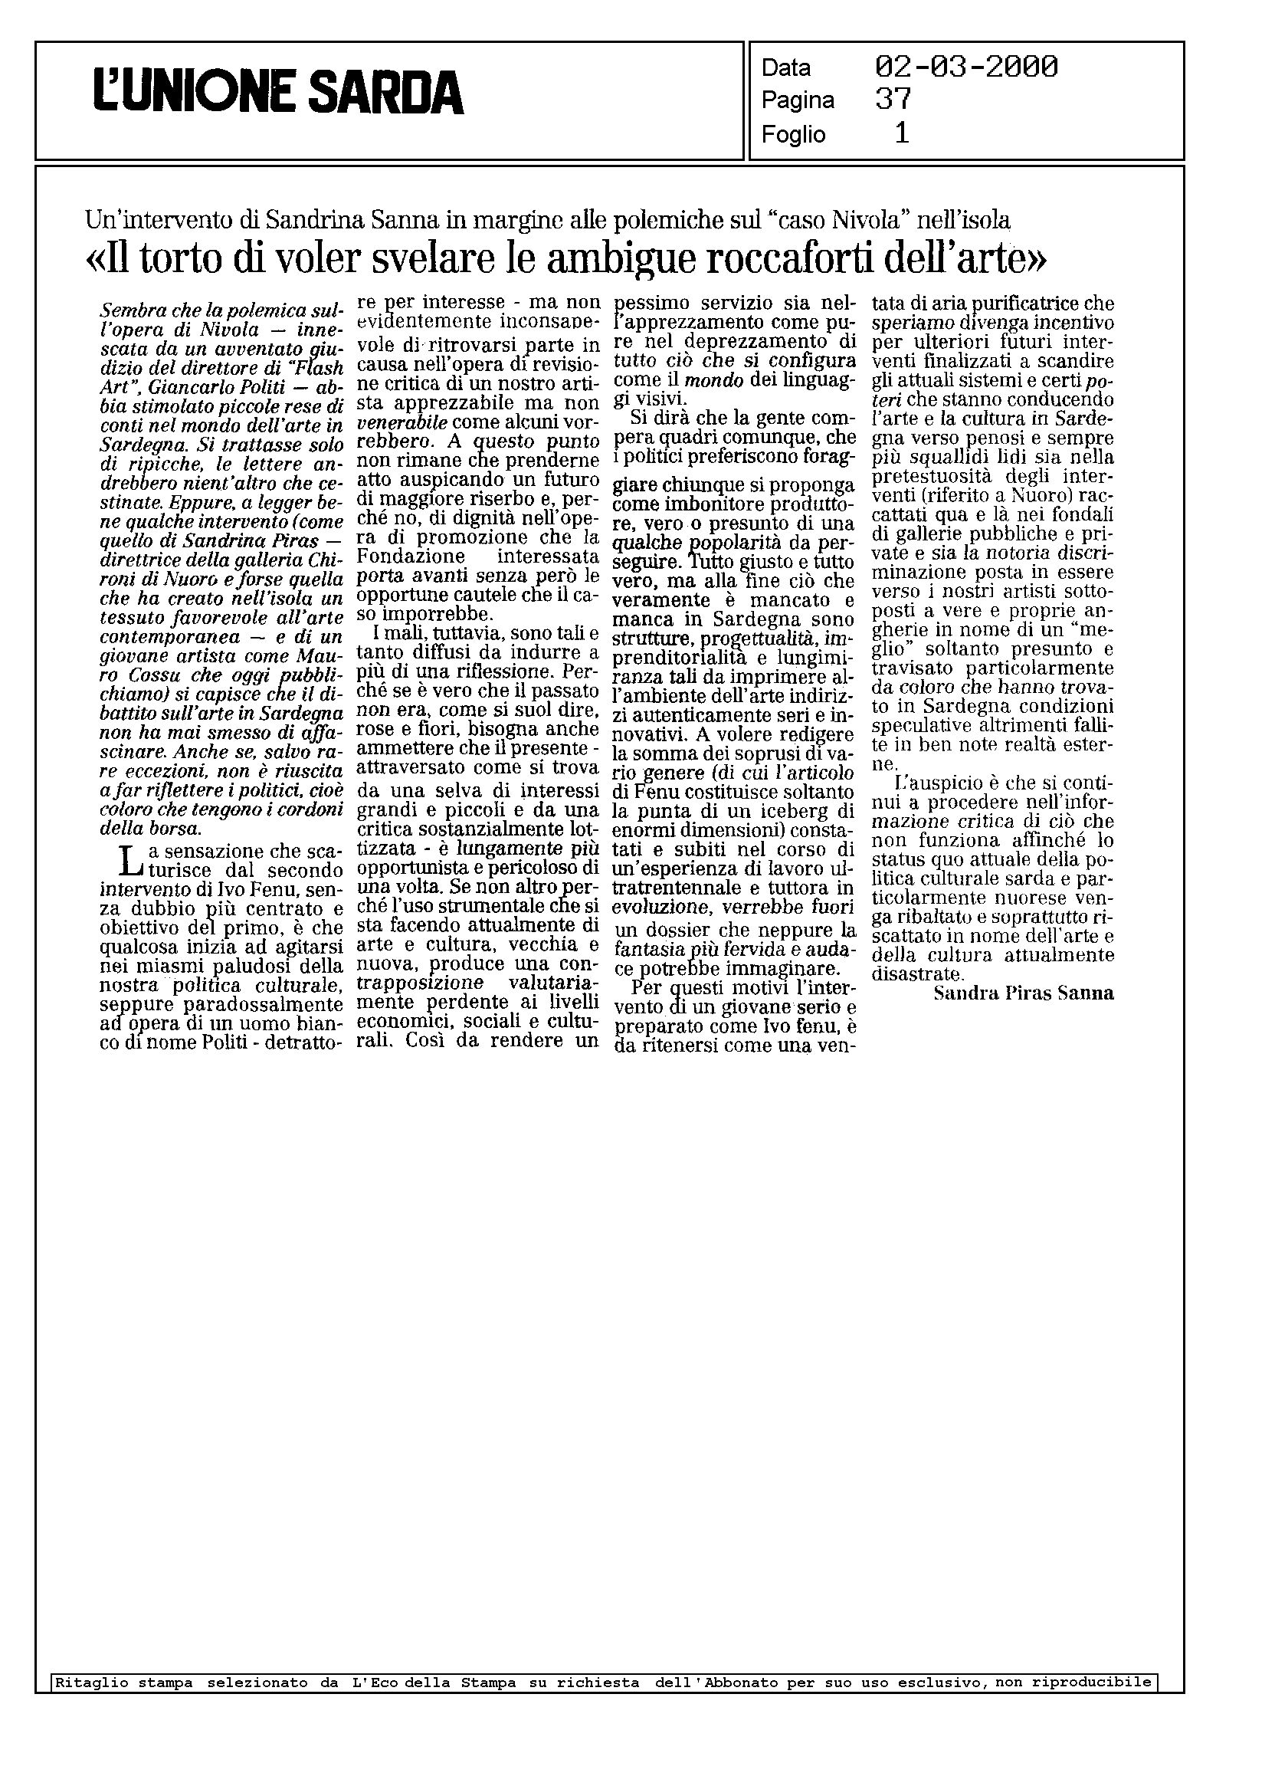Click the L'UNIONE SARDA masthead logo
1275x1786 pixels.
[279, 93]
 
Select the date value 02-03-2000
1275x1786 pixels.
[965, 67]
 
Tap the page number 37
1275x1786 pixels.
[893, 99]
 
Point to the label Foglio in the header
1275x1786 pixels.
[793, 135]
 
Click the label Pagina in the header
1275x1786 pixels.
[798, 100]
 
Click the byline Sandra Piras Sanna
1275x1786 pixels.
[1023, 993]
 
